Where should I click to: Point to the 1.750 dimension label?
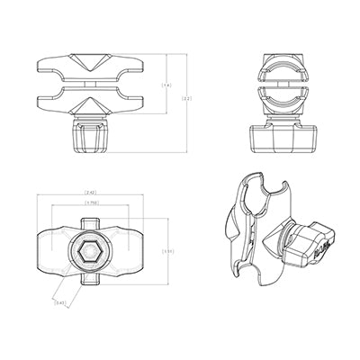click(x=90, y=202)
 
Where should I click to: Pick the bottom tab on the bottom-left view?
click(x=90, y=285)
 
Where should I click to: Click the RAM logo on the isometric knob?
click(x=322, y=251)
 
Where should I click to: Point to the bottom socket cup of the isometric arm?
click(x=255, y=292)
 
